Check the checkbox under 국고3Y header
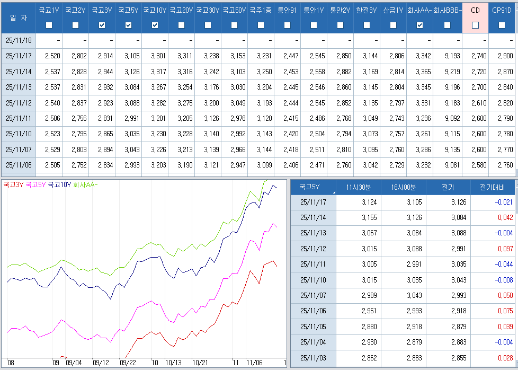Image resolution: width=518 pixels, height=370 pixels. [102, 25]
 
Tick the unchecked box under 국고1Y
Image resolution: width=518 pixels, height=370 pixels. [49, 25]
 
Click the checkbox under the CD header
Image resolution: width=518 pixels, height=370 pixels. [475, 25]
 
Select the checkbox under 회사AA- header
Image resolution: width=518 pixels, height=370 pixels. [419, 25]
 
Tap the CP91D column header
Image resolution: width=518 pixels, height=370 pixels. [502, 10]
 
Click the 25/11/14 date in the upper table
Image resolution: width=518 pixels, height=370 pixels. [19, 72]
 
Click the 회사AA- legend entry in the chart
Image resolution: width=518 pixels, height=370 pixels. [85, 185]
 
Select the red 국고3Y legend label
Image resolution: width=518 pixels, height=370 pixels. [13, 185]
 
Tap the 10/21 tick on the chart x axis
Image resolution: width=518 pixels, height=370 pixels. [200, 363]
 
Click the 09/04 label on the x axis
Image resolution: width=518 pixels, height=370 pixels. [74, 363]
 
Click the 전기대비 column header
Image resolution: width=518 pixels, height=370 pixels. [492, 187]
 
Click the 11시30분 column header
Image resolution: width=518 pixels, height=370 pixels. [359, 187]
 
